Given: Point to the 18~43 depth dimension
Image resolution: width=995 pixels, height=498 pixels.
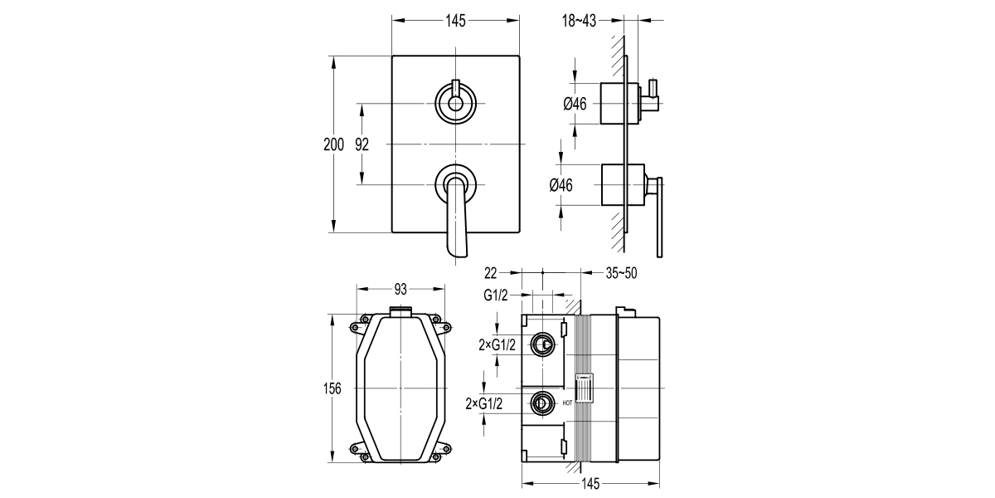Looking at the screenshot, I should pos(580,20).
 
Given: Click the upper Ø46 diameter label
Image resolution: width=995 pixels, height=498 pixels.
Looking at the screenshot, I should pos(575,104).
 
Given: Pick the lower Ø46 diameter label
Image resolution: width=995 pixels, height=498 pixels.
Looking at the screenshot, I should pos(561,185).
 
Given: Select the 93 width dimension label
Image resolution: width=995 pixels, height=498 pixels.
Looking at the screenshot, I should pos(400,289).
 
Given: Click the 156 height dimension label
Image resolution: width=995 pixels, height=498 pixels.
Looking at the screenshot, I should pos(332,390).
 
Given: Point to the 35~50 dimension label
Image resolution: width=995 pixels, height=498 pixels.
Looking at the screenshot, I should pos(620,272).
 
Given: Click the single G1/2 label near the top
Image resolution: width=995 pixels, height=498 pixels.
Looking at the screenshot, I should pos(496,294).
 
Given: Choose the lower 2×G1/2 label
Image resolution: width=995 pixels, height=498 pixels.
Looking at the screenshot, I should pos(485,403).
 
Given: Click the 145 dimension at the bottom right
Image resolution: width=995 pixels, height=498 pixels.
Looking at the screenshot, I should pos(590,485).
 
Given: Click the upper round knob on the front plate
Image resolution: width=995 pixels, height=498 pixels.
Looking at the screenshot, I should pos(454,103).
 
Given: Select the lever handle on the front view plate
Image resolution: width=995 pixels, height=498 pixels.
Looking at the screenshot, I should pos(457,216).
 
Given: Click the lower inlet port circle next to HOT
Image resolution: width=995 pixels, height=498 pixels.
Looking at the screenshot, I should pos(542,403).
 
